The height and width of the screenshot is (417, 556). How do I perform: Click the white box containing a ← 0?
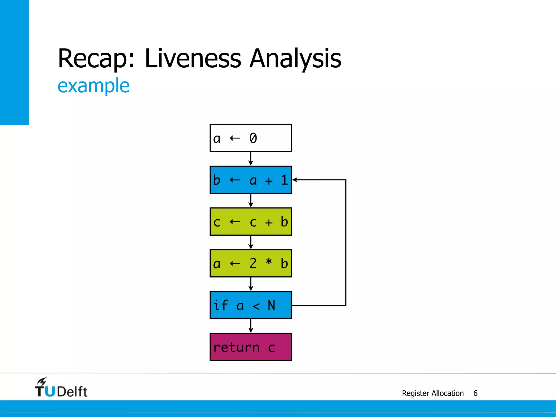click(x=251, y=138)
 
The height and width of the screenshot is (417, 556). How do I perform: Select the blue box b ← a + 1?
click(x=251, y=180)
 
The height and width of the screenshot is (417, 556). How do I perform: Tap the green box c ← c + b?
click(x=251, y=222)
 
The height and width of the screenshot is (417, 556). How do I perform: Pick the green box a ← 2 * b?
click(x=251, y=263)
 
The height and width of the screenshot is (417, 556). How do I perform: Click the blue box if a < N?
click(x=251, y=305)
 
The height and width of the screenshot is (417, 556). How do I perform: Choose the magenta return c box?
click(x=251, y=347)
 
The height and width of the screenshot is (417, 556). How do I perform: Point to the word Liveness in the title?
click(x=193, y=58)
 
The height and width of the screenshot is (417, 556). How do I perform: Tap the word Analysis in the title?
click(x=295, y=59)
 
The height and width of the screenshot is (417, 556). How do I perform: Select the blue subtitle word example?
click(x=93, y=86)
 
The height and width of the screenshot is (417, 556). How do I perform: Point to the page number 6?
click(x=475, y=393)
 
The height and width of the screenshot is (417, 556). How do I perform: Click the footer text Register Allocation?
click(x=433, y=393)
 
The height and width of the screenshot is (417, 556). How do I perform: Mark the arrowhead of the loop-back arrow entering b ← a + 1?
click(x=295, y=180)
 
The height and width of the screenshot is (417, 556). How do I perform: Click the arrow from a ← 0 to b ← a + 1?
click(x=251, y=159)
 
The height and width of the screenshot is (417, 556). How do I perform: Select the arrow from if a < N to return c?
click(x=251, y=326)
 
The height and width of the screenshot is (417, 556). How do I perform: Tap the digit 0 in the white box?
click(x=253, y=138)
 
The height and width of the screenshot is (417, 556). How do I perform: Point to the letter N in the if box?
click(x=271, y=305)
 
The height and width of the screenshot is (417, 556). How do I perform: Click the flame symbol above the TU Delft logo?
click(x=42, y=381)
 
